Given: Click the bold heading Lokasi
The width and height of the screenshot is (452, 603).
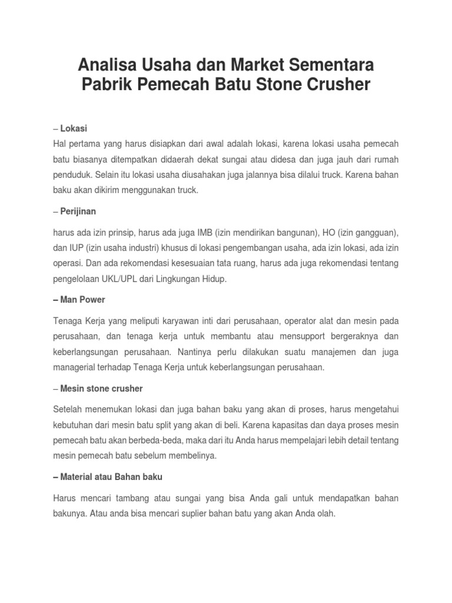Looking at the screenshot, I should (x=75, y=129).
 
